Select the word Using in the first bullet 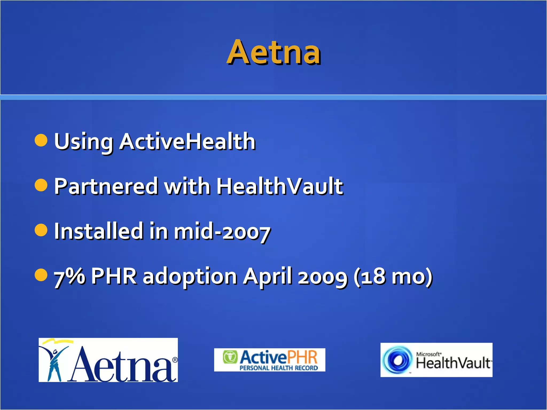click(83, 142)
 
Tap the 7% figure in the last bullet click(70, 277)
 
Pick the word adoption click(190, 277)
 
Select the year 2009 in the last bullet click(323, 277)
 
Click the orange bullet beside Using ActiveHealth click(41, 140)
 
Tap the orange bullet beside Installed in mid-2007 click(41, 230)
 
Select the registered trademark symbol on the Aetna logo click(175, 360)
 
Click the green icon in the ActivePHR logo click(230, 357)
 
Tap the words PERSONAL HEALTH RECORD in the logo click(279, 368)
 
